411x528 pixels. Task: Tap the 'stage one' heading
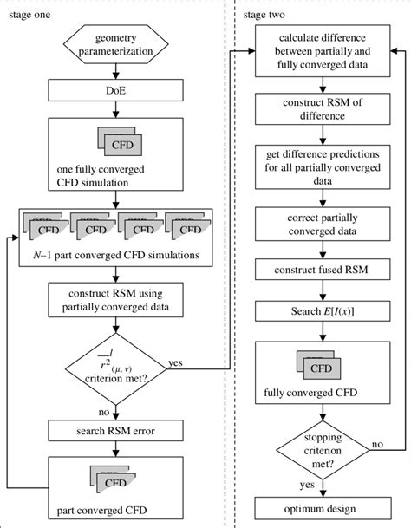(x=29, y=13)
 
